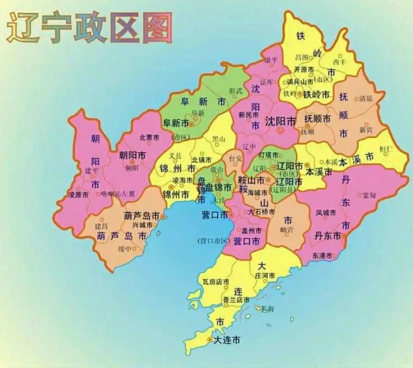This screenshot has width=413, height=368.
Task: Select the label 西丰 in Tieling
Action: tap(339, 61)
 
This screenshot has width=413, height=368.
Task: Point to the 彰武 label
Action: tap(235, 91)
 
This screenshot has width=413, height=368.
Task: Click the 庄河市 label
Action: tap(265, 275)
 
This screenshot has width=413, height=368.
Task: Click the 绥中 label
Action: tap(125, 249)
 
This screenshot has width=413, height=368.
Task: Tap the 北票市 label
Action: tap(149, 137)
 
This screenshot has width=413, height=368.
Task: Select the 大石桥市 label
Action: tap(260, 212)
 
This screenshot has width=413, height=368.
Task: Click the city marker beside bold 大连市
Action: tap(210, 340)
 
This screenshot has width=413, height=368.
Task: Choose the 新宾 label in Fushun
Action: tap(367, 130)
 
